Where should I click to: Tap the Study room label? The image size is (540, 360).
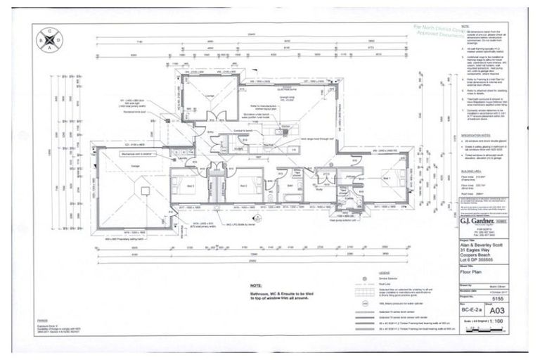318,189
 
